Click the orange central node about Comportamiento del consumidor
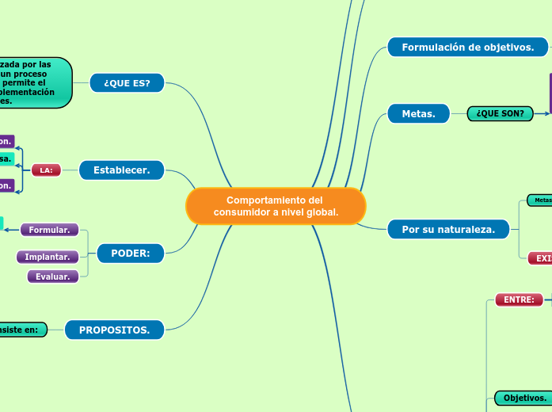click(x=276, y=206)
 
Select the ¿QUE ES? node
click(x=127, y=82)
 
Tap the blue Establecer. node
click(x=121, y=170)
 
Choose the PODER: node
click(x=131, y=254)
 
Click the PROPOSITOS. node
click(x=114, y=330)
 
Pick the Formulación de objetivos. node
click(x=467, y=48)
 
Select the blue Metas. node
click(x=418, y=114)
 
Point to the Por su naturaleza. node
click(x=448, y=230)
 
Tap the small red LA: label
click(x=46, y=170)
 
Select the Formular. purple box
click(x=49, y=230)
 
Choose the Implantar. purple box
click(x=47, y=257)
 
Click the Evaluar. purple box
click(x=53, y=277)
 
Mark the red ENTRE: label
click(x=519, y=299)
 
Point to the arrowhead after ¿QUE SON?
click(x=544, y=114)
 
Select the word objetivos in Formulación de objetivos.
click(x=506, y=48)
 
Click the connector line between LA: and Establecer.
click(x=70, y=170)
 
